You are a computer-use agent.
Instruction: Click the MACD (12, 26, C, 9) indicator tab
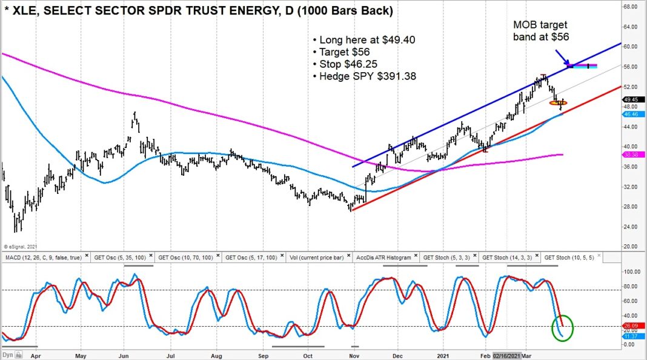click(42, 256)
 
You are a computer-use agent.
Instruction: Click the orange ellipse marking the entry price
click(558, 103)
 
